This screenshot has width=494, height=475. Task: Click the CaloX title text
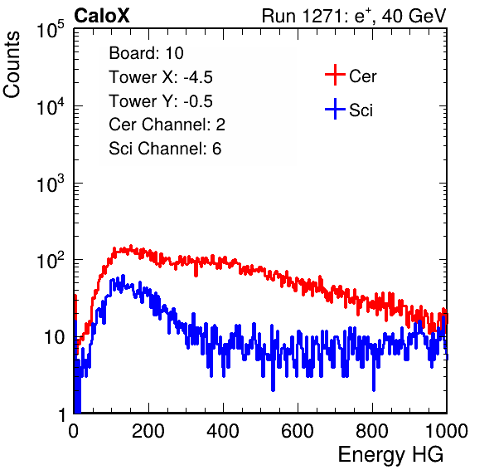(102, 16)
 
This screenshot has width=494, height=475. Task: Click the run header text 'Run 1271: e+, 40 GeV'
(354, 16)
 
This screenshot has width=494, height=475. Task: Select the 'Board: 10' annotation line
(146, 53)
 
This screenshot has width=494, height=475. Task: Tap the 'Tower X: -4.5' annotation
(161, 77)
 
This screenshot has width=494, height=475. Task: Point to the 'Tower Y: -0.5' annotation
(161, 101)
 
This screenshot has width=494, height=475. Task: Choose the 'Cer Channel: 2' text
(167, 125)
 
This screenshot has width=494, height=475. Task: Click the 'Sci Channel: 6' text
(165, 149)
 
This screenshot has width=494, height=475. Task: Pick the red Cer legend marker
(335, 75)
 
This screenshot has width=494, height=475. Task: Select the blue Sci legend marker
(335, 109)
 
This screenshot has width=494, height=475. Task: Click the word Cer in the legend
(362, 76)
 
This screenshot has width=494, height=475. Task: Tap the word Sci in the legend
(361, 110)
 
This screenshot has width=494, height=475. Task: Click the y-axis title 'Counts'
(12, 65)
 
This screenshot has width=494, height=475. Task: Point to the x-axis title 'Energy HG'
(390, 455)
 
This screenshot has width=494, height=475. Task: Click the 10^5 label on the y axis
(51, 30)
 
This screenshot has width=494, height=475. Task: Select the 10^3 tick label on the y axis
(51, 184)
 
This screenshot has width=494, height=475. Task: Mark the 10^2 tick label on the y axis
(51, 261)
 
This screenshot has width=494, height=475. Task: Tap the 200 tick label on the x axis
(148, 431)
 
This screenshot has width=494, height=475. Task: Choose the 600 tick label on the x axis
(298, 431)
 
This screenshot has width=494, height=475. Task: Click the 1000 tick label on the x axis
(447, 431)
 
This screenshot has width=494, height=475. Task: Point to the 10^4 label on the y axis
(51, 106)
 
